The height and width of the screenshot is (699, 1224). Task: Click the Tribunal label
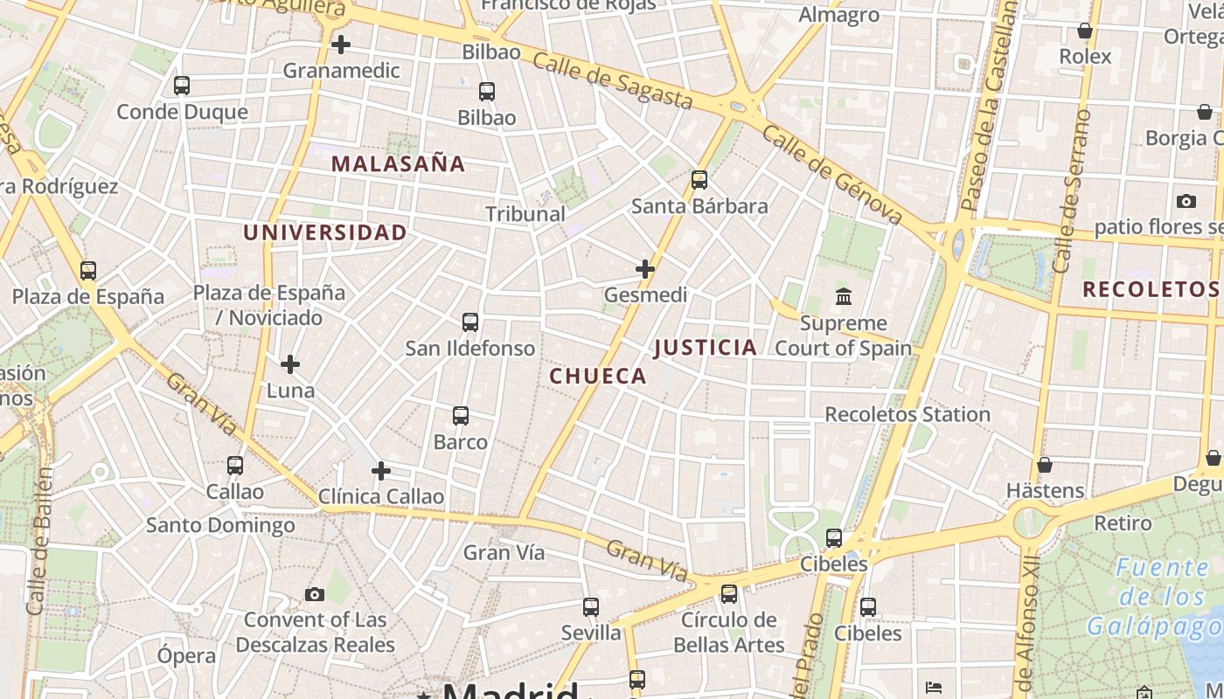point(525,214)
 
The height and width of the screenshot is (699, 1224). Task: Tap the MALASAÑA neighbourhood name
point(398,163)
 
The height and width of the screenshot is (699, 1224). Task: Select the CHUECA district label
point(598,377)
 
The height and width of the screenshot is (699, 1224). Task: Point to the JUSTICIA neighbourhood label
point(706,348)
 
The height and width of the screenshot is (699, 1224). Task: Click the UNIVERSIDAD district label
point(325,232)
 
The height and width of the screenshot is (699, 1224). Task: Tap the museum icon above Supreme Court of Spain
point(844,297)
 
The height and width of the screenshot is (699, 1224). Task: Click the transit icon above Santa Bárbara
point(699,180)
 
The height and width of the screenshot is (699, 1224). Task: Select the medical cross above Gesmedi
point(645,269)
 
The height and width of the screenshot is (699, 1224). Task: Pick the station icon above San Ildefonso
point(470,322)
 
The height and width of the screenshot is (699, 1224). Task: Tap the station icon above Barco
point(461,416)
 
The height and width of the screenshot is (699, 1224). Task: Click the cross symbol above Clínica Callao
point(381,471)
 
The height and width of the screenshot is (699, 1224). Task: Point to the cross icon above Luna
point(290,363)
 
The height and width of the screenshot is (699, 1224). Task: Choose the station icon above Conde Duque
point(182,86)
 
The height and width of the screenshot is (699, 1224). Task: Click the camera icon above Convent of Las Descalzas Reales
point(315,595)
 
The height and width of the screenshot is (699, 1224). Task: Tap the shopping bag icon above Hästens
point(1045,465)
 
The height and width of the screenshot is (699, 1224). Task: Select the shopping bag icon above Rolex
point(1085,31)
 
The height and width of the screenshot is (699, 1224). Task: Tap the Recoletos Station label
point(908,414)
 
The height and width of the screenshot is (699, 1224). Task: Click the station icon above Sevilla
point(591,606)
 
